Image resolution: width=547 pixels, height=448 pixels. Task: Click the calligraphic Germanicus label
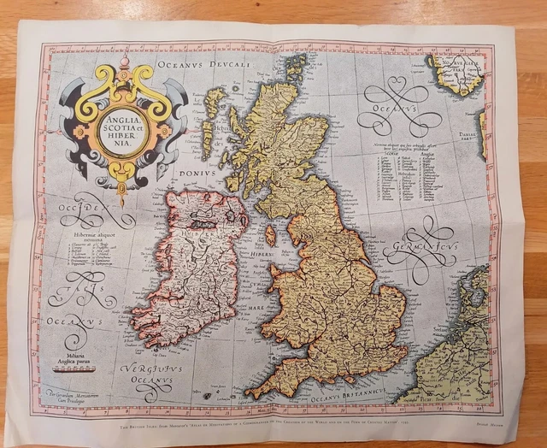tap(421, 250)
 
